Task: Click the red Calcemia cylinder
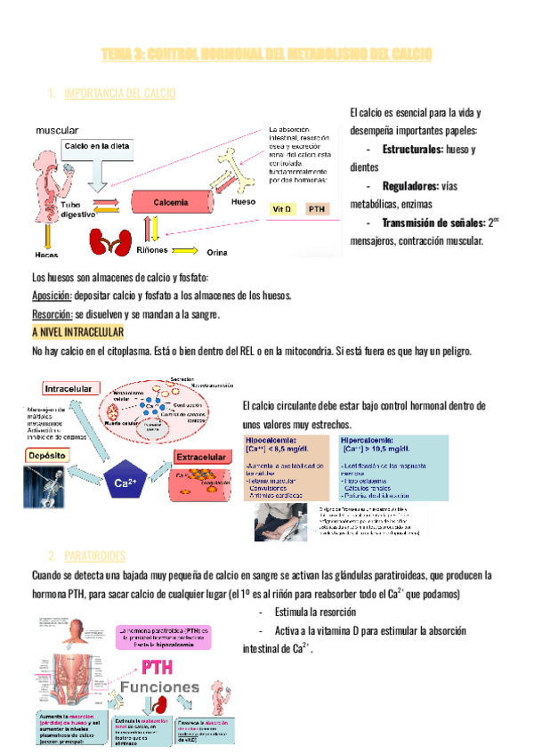pyautogui.click(x=169, y=203)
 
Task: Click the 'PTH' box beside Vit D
pyautogui.click(x=316, y=208)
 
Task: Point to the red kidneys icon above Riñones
pyautogui.click(x=105, y=240)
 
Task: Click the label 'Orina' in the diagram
pyautogui.click(x=218, y=253)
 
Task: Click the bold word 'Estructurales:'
pyautogui.click(x=412, y=149)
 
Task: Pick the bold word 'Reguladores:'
pyautogui.click(x=410, y=186)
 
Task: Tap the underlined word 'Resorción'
pyautogui.click(x=52, y=314)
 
